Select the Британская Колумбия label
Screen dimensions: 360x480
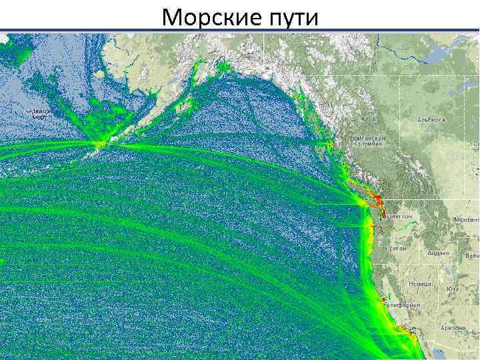(x=366, y=142)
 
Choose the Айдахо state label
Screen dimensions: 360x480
(x=437, y=255)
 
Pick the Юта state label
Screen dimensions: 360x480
(x=453, y=289)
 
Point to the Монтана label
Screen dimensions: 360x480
(x=467, y=219)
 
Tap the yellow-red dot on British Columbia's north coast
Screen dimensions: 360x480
(x=331, y=143)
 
